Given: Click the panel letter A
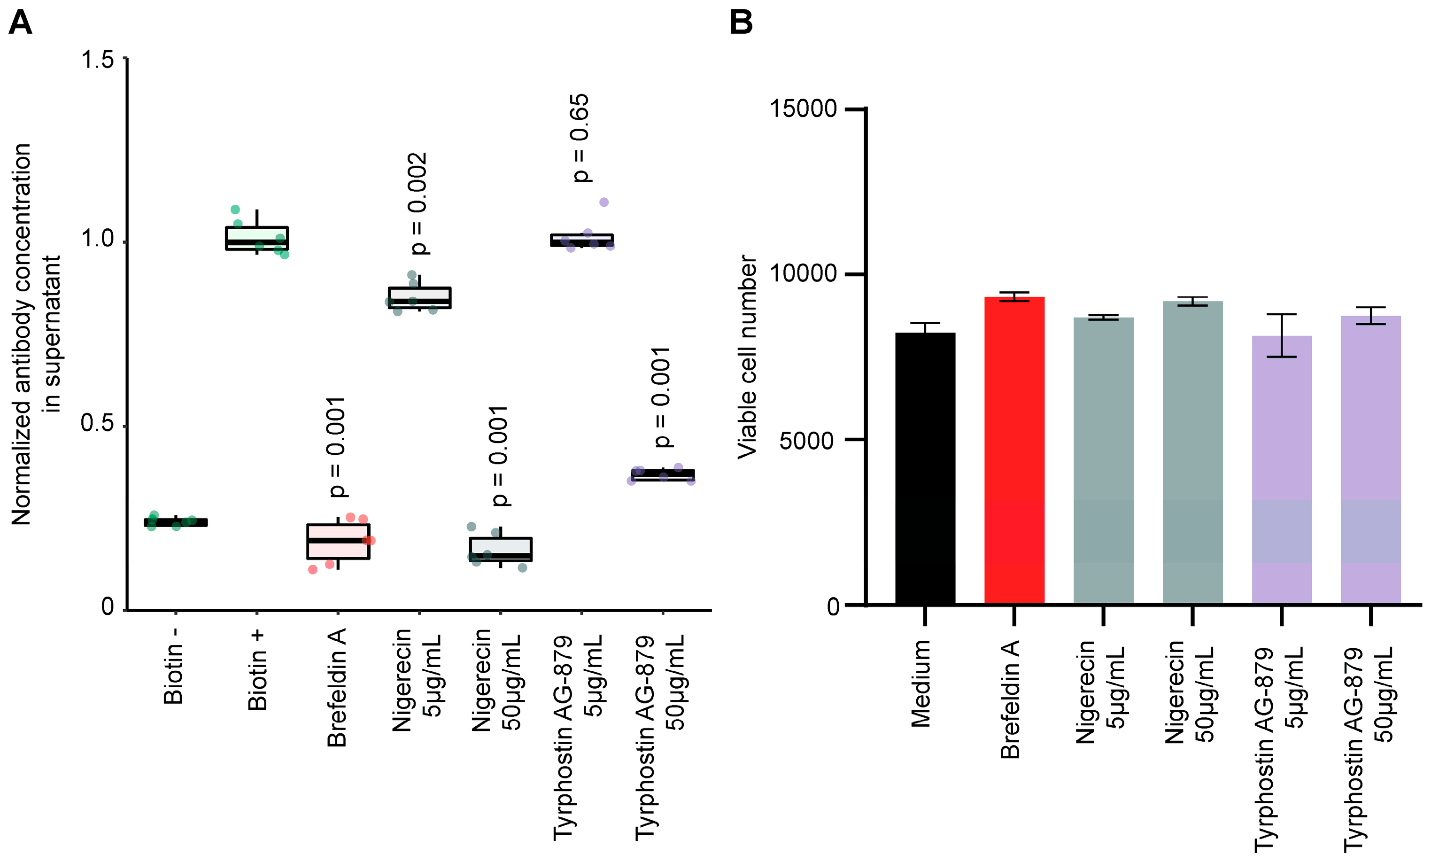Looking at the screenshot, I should coord(20,23).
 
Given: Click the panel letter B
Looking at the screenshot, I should coord(741,23).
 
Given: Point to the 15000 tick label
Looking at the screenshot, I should coord(803,109).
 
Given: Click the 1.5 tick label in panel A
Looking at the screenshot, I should coord(97,60).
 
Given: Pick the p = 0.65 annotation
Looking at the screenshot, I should coord(580,138).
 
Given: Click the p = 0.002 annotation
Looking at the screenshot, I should coord(418,203).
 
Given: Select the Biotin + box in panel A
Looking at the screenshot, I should coord(257,238).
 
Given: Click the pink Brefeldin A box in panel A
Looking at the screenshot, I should coord(338,541).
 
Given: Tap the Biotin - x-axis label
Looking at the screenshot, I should coord(174,666).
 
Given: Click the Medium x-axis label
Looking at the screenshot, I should coord(921,683).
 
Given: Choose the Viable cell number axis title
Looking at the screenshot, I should coord(748,357).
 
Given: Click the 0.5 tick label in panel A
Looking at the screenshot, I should coord(97,423).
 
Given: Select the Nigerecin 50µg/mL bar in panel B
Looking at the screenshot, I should coord(1192,453).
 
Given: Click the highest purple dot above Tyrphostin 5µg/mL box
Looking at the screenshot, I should coord(604,202).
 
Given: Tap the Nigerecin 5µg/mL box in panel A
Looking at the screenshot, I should coord(419,297).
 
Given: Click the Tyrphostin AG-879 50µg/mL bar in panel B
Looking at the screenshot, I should coord(1370,459).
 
